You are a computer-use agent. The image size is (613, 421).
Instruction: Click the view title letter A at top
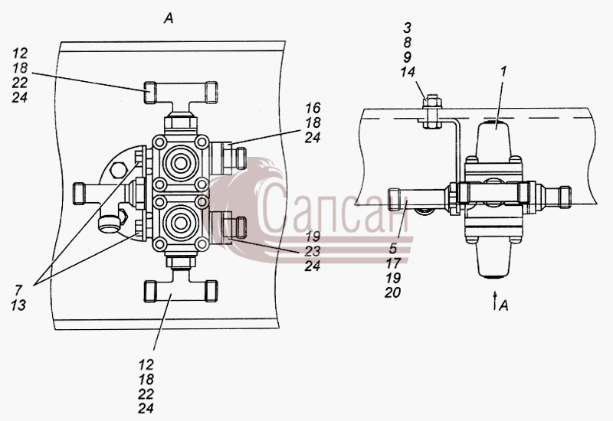click(169, 18)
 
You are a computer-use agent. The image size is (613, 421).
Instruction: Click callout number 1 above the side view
click(503, 71)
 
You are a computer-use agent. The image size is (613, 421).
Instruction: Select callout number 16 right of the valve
click(313, 108)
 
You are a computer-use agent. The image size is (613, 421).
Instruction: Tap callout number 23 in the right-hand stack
click(313, 251)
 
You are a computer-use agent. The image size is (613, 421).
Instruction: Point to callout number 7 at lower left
click(18, 290)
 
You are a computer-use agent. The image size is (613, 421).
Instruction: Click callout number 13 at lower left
click(18, 305)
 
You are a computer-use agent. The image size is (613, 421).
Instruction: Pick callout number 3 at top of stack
click(407, 28)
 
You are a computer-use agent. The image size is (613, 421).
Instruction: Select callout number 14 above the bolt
click(408, 72)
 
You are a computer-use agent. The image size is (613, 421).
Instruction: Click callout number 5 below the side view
click(393, 248)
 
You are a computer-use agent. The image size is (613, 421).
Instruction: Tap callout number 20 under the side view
click(392, 292)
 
